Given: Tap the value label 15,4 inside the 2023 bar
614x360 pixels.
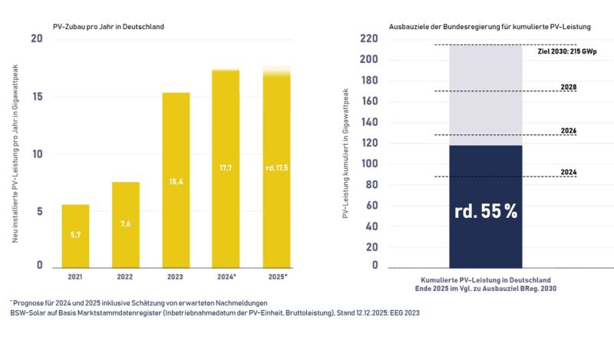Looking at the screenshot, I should [176, 181].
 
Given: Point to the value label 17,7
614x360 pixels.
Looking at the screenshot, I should [226, 167].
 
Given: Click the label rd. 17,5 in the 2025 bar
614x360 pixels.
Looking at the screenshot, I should [276, 167].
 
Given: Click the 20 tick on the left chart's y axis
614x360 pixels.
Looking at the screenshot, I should [35, 39].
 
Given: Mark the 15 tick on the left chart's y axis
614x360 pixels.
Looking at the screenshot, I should [35, 97].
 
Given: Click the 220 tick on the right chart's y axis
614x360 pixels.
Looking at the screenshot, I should [369, 39].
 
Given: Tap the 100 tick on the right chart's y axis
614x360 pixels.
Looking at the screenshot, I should [369, 163].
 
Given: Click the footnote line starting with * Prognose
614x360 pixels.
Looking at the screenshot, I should [140, 302].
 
